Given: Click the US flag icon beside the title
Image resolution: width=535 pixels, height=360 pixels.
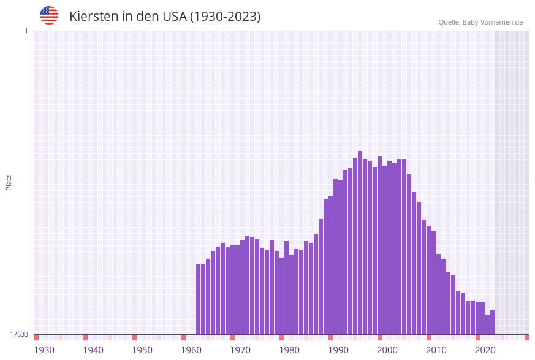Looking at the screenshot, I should click(x=49, y=15).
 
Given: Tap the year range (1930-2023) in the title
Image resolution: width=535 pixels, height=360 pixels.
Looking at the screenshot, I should click(x=225, y=17).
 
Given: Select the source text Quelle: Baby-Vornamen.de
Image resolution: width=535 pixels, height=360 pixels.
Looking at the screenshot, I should click(x=480, y=22).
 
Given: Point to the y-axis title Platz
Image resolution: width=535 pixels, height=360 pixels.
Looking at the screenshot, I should click(x=9, y=182).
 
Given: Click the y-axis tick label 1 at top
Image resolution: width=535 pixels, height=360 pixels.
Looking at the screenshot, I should click(x=26, y=31).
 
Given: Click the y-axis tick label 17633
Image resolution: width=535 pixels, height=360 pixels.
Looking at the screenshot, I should click(x=19, y=334).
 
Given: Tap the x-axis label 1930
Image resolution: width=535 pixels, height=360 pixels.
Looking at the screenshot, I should click(x=44, y=350).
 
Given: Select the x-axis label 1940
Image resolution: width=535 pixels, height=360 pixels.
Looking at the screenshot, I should click(x=93, y=350).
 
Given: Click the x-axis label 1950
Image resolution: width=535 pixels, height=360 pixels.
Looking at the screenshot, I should click(x=142, y=350).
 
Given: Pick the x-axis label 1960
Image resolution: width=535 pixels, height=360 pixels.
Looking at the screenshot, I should click(x=191, y=350).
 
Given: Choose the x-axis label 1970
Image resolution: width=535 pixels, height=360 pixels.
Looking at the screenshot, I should click(x=240, y=350).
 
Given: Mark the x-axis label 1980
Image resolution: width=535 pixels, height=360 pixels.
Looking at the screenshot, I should click(x=289, y=350).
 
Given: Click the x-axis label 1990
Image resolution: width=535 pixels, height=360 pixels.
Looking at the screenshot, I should click(x=338, y=350).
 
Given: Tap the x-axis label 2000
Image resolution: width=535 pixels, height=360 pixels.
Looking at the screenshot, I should click(x=387, y=350).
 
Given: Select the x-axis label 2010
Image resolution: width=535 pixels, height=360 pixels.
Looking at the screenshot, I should click(x=436, y=350).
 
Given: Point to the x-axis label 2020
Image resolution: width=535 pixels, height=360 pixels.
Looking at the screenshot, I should click(x=485, y=350).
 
